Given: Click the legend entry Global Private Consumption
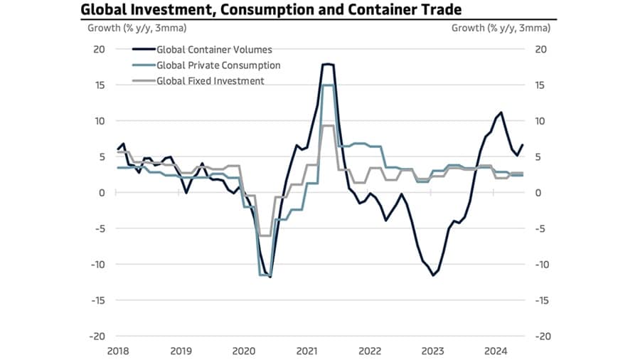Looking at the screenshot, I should tap(218, 65).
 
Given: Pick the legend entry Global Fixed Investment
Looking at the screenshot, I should tap(210, 81).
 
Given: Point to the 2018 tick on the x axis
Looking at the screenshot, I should tap(118, 351).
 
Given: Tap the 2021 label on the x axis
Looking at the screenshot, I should tap(306, 351).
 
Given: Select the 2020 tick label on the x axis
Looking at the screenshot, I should tap(244, 351).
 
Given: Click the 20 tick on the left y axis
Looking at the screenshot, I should tap(100, 49).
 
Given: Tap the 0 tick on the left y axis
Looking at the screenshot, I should tap(102, 193).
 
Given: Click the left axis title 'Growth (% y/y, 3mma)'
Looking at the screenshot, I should tap(133, 29).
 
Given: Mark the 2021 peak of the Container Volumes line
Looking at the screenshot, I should tap(328, 64).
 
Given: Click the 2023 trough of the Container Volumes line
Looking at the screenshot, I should tap(432, 275).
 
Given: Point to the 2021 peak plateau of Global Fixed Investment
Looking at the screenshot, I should tap(328, 125).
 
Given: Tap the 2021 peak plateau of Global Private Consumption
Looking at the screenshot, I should tap(328, 85).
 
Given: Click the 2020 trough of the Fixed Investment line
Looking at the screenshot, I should tap(265, 235).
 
